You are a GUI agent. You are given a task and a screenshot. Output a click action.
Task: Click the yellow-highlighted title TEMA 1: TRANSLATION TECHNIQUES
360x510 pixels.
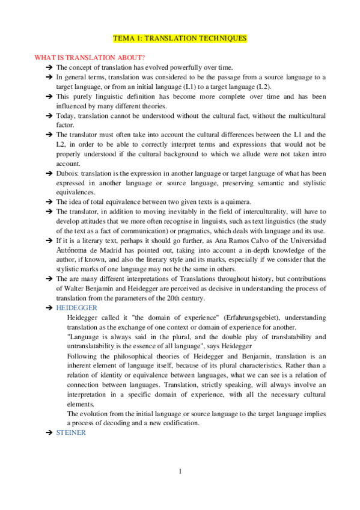[x=180, y=38]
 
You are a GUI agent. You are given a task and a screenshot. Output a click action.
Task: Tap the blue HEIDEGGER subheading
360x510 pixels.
[x=73, y=307]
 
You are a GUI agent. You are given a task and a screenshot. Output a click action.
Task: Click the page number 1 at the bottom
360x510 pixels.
[x=180, y=471]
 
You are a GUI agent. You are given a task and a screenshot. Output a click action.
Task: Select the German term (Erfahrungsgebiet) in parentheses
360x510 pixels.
[x=241, y=316]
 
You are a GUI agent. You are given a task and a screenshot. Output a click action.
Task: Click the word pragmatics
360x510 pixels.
[x=242, y=231]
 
